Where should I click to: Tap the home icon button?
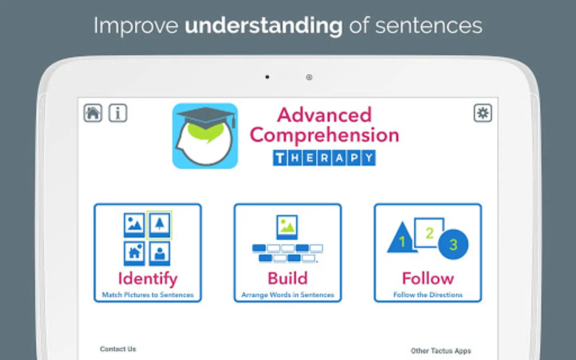coord(93,113)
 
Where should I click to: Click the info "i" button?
coord(118,113)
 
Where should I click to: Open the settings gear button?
coord(483,113)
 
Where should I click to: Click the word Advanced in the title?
coord(324,115)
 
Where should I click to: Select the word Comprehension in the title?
coord(324,135)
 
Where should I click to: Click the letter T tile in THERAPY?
coord(280,158)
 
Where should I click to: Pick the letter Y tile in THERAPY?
coord(369,158)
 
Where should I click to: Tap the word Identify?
coord(148,279)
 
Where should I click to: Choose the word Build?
coord(288,278)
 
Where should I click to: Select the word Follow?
coord(428,278)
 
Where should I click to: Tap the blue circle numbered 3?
coord(453,244)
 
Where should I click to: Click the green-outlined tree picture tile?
coord(160,225)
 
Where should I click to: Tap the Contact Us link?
coord(118,349)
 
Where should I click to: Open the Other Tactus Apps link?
coord(441,351)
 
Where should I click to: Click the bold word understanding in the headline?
coord(264,26)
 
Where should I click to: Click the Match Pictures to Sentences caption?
coord(148,295)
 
